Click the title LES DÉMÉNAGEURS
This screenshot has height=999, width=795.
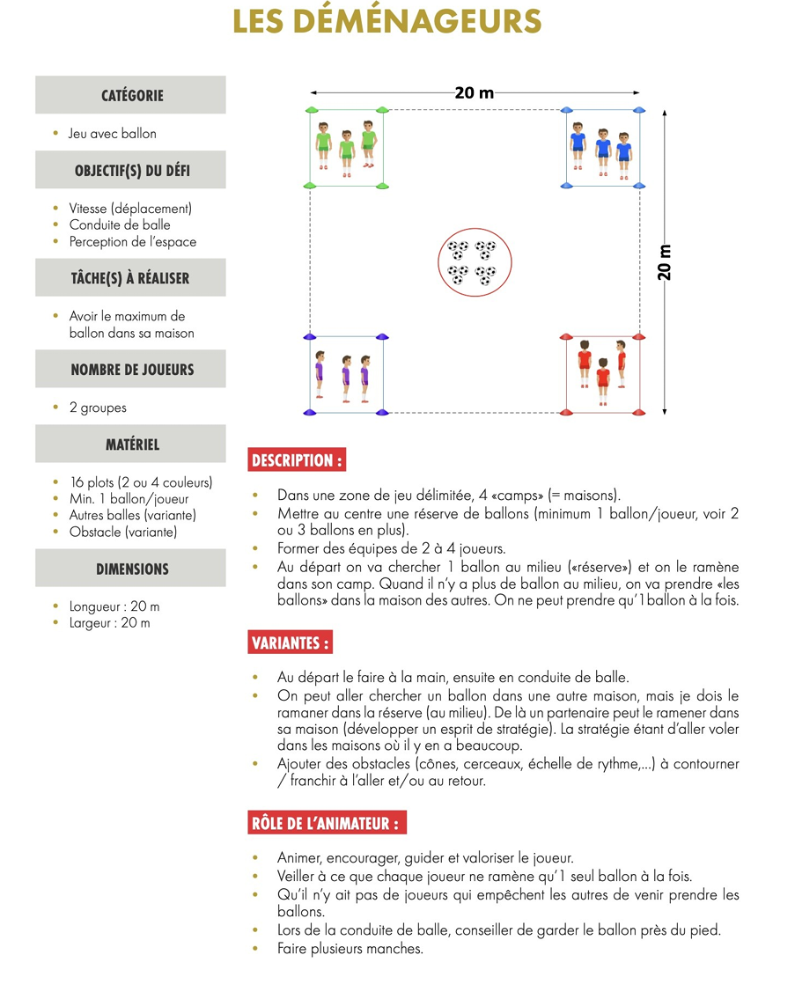[x=387, y=22]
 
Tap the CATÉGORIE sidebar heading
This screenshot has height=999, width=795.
[x=131, y=95]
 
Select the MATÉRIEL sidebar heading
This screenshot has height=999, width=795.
[x=131, y=444]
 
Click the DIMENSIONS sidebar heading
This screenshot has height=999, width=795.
[x=131, y=569]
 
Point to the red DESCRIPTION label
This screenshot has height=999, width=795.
[x=296, y=460]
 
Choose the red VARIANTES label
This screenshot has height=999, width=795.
[x=291, y=643]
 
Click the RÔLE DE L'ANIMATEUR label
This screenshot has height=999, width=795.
[x=327, y=824]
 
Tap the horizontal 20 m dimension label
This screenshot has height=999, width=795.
[x=474, y=92]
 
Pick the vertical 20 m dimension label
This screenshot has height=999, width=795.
[x=665, y=262]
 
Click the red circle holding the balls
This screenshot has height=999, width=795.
[x=472, y=263]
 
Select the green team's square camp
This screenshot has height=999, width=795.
[x=347, y=148]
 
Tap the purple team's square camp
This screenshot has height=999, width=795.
[x=346, y=374]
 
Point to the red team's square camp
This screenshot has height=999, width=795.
[x=602, y=374]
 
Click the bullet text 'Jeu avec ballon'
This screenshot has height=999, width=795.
[x=113, y=134]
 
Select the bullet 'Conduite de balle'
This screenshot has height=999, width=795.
[x=120, y=225]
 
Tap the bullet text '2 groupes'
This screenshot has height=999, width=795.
[x=98, y=408]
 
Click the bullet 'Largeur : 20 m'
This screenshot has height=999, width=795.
[x=110, y=623]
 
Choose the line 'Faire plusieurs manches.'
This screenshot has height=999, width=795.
[x=350, y=949]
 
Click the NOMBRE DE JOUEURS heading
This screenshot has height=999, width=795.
[x=131, y=370]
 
